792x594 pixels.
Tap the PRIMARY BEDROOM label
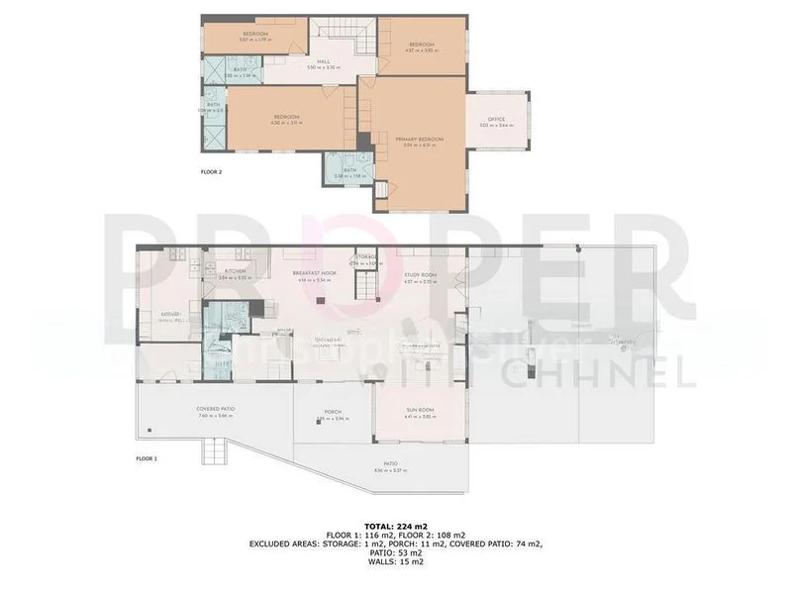click(x=420, y=140)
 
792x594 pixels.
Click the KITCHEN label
click(x=235, y=271)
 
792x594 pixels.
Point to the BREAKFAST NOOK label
click(x=315, y=273)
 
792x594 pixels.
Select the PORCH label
click(x=334, y=413)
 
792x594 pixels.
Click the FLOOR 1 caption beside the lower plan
click(x=147, y=458)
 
